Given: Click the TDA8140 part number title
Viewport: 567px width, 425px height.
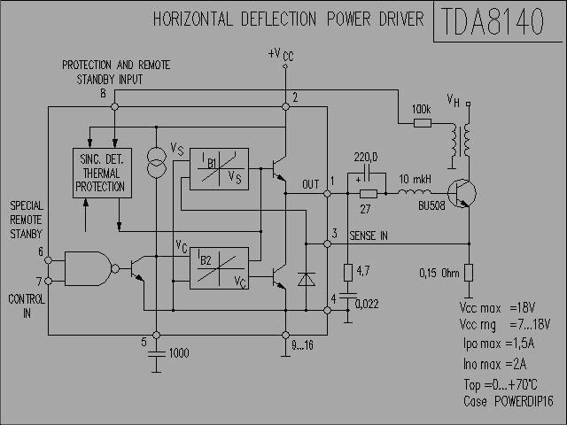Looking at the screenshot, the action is tap(493, 21).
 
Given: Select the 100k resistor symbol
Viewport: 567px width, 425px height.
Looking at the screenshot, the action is tap(423, 124).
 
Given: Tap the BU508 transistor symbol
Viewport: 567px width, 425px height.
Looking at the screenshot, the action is tap(462, 193).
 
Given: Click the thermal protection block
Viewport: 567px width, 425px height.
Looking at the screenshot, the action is tap(102, 173).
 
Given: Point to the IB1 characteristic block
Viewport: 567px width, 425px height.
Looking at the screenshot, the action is tap(219, 169).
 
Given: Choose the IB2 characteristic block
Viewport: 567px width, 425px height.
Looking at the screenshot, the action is tap(219, 268).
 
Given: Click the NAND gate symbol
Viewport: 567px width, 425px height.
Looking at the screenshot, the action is tap(92, 269).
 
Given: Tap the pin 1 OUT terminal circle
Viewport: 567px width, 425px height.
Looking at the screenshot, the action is tap(327, 194).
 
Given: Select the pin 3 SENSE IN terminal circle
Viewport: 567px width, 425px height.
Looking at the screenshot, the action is tap(327, 244).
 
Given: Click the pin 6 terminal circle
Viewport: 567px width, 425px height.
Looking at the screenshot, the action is tap(48, 260).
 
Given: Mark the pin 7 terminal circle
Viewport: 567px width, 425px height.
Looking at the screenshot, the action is tap(48, 281).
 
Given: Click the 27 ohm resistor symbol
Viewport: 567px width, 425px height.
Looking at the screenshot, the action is tap(369, 194).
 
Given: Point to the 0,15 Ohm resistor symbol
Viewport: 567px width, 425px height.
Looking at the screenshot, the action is tap(469, 273).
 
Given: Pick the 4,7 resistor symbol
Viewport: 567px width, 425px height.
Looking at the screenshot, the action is tap(348, 273).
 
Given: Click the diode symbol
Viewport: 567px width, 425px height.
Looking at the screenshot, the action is tap(307, 280).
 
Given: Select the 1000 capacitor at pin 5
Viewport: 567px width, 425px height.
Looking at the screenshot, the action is tap(156, 353).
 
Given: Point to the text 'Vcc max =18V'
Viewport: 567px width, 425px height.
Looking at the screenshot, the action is tap(497, 308).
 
